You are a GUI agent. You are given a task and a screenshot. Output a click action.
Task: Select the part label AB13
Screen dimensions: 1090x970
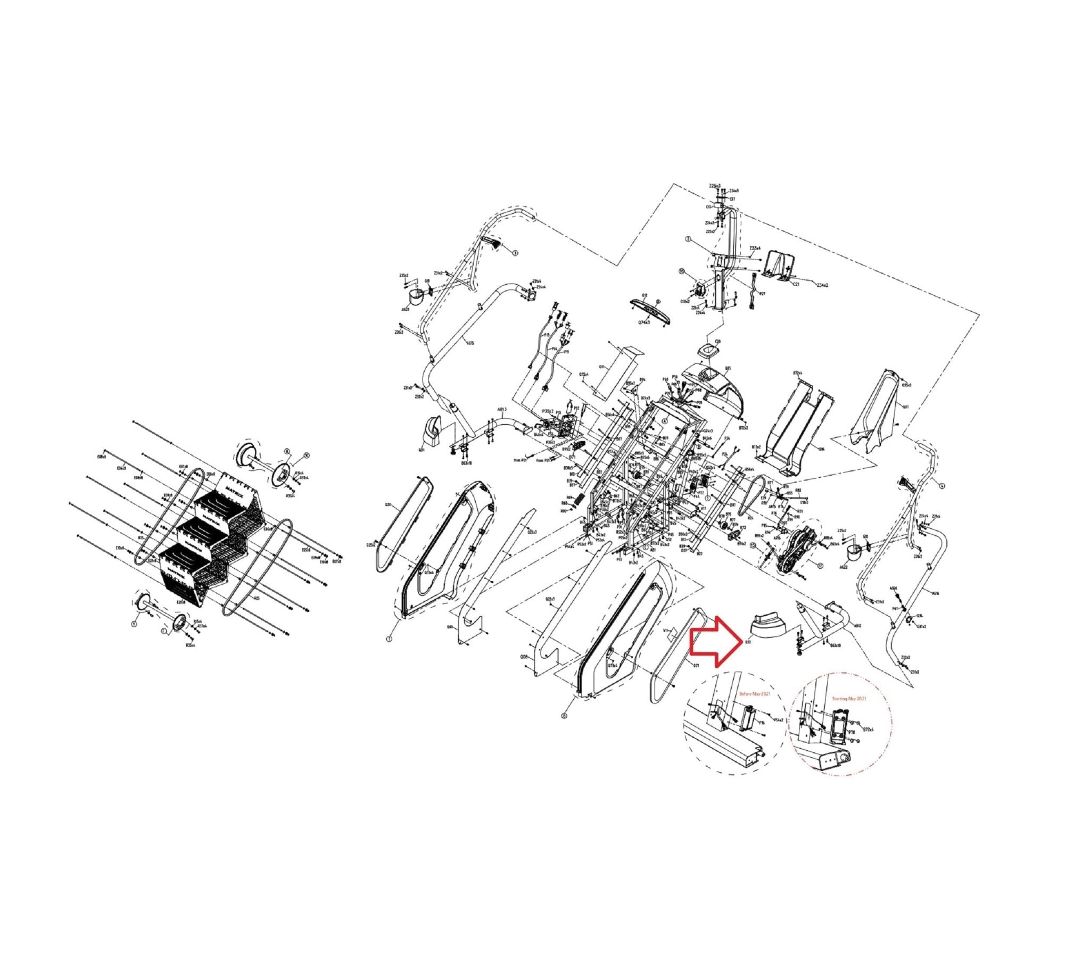[502, 410]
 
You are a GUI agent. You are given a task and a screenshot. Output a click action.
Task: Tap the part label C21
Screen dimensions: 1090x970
[796, 284]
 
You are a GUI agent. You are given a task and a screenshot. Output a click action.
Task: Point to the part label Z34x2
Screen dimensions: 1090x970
[822, 285]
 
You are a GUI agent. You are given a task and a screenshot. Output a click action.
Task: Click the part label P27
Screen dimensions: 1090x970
[762, 294]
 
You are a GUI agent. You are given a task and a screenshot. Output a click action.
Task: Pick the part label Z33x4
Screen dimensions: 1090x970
[755, 248]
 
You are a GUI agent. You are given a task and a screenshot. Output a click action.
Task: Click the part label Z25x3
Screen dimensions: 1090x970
[715, 186]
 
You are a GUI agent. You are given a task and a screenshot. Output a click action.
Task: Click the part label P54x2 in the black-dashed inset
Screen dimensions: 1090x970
[778, 720]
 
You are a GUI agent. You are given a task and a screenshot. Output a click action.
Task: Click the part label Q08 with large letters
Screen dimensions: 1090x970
[524, 658]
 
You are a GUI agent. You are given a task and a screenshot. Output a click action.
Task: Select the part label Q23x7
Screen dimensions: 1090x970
[531, 532]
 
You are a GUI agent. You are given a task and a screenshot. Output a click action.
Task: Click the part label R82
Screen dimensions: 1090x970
[798, 490]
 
